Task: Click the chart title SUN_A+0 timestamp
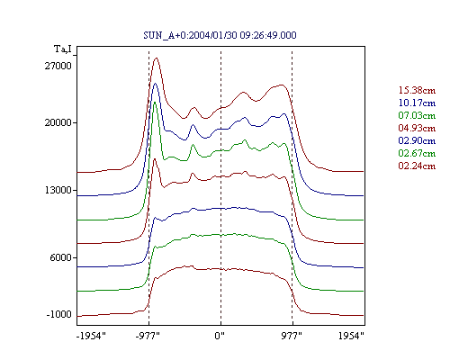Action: point(220,35)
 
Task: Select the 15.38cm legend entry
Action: point(417,90)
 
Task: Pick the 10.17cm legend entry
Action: point(417,103)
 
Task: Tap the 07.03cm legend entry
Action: point(417,115)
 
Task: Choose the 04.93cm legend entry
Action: point(417,128)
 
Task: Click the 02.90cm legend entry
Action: point(417,140)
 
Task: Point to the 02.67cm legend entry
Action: point(417,153)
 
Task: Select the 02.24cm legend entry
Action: point(417,166)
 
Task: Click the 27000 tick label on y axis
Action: point(58,66)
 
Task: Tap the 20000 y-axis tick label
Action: point(58,122)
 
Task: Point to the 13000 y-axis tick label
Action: point(58,190)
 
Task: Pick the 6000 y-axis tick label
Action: point(61,257)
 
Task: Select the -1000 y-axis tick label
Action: point(59,314)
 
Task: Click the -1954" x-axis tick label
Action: point(91,336)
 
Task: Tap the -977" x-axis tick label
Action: point(148,336)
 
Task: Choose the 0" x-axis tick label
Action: point(220,336)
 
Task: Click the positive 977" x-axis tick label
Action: point(292,336)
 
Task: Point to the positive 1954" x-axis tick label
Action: point(351,336)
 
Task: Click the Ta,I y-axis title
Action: point(63,49)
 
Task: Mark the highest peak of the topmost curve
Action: point(156,58)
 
